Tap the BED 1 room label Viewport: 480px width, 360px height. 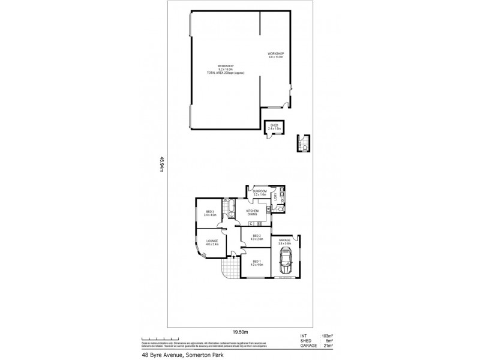[257, 262]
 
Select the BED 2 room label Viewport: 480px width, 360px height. [257, 237]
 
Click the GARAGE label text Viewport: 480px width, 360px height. [284, 241]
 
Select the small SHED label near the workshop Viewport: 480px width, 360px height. [274, 126]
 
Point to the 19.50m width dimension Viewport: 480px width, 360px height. [240, 331]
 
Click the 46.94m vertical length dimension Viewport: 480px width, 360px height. [161, 164]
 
